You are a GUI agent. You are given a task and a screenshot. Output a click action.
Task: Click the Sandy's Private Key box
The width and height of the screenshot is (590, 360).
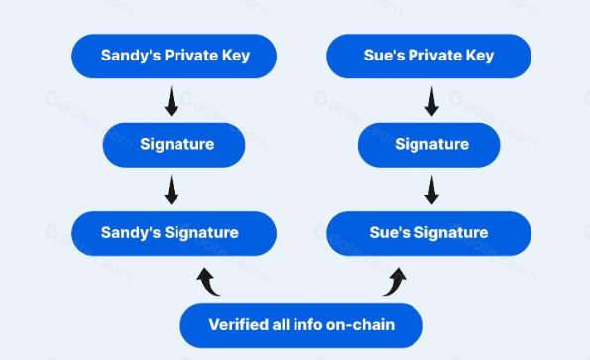pos(174,57)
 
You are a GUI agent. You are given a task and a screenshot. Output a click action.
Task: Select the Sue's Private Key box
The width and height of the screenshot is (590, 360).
pos(428,57)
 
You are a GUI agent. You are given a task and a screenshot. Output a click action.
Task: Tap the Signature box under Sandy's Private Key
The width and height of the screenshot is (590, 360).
pos(174,145)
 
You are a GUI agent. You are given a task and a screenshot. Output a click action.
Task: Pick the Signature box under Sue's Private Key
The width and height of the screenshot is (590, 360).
pos(428,145)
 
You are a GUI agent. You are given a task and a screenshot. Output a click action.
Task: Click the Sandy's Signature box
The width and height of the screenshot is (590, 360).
pos(174,234)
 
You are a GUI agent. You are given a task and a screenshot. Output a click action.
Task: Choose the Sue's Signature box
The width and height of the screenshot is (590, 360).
pos(428,234)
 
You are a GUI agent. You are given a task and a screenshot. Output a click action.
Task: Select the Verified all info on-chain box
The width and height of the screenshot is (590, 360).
pos(301,325)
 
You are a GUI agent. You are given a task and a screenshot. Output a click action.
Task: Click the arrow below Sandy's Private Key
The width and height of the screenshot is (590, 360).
pos(172,101)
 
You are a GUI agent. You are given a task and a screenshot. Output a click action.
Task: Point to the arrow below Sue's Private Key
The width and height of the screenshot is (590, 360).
pos(431,101)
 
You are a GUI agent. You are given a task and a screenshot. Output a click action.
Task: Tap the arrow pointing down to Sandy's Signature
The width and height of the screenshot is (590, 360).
pos(172,189)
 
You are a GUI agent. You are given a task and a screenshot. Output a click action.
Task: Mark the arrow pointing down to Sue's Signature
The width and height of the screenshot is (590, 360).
pos(431,189)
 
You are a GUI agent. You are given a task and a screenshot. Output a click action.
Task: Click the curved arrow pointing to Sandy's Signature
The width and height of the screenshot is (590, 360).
pos(208,283)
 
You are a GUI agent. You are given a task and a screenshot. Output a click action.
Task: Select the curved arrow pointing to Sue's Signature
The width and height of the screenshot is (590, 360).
pos(395,283)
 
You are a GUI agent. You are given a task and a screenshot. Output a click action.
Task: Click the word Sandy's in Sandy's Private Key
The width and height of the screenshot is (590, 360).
pos(131,56)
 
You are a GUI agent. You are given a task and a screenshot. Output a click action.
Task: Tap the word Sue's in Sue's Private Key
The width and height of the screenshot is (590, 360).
pos(384,56)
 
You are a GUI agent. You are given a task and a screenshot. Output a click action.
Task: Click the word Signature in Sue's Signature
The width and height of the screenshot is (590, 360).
pos(451,233)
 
